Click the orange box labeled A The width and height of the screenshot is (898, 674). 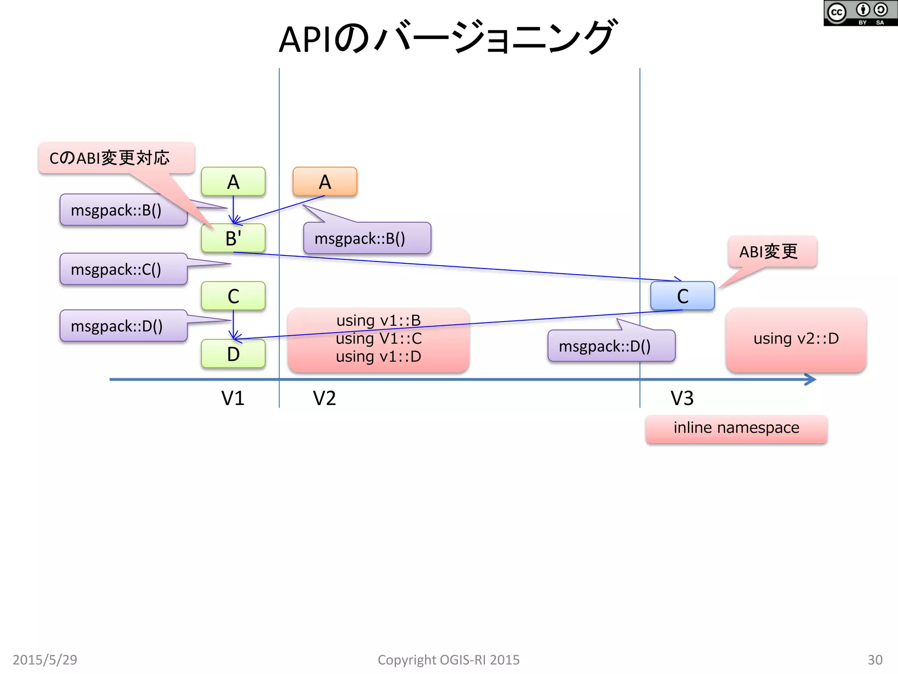[324, 181]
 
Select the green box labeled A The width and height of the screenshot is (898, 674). [233, 181]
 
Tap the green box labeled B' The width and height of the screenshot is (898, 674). [233, 238]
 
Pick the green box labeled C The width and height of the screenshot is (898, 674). [233, 296]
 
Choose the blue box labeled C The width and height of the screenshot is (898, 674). [682, 296]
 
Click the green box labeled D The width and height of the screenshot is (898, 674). [233, 354]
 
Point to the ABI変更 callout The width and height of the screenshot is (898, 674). [772, 251]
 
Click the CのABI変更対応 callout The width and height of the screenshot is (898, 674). [116, 158]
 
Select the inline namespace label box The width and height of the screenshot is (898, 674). [736, 428]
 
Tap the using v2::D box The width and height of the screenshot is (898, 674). [796, 339]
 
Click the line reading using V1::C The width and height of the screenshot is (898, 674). [378, 339]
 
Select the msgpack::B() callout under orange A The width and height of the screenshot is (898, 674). [367, 238]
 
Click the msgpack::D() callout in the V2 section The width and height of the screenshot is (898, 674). [611, 346]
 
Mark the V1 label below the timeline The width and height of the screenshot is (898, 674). [232, 398]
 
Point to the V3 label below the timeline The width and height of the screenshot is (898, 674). [682, 398]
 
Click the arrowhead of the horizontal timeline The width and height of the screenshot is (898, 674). [811, 379]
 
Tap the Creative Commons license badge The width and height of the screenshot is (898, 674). [860, 13]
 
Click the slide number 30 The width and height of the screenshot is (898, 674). [875, 660]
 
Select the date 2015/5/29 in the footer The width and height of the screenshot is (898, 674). [45, 660]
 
